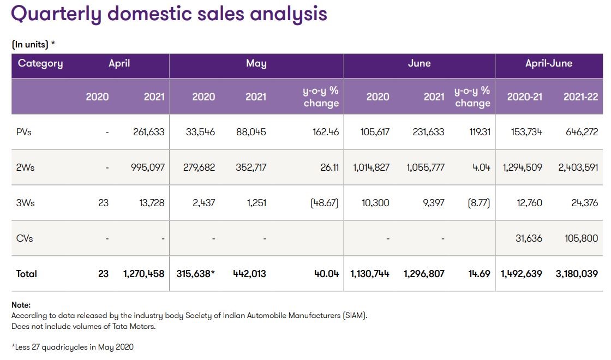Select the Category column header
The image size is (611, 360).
40,63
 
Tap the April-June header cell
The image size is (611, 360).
548,63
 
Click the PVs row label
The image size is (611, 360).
23,132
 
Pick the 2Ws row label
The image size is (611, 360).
25,167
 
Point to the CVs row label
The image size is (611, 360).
25,238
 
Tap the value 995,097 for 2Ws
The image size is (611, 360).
146,167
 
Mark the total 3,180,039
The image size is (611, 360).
577,274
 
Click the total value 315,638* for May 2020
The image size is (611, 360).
196,274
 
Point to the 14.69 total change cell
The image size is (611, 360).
478,274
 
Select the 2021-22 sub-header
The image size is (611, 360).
580,97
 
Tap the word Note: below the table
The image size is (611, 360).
21,305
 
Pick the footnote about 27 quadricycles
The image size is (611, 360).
73,347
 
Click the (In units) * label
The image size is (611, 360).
33,45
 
